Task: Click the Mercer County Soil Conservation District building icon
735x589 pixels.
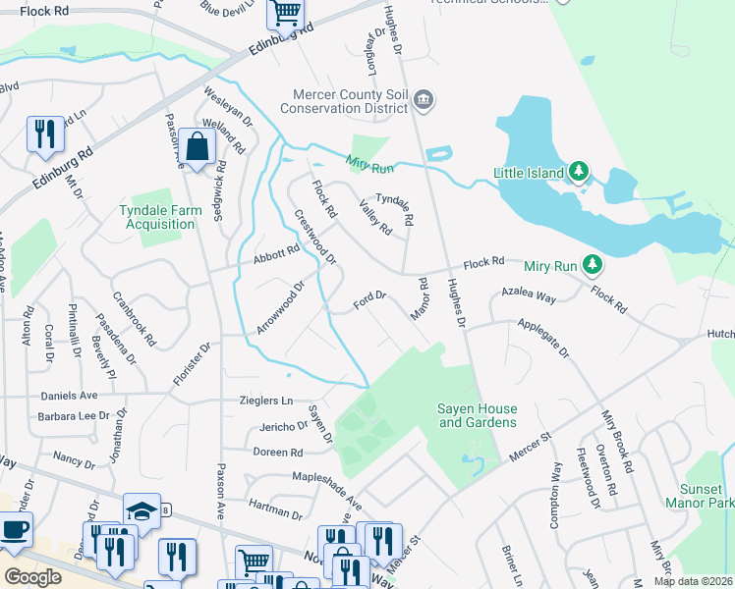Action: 424,98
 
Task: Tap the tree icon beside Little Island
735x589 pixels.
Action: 580,173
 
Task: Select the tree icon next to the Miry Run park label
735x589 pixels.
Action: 592,264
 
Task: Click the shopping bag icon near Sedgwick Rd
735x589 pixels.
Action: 198,146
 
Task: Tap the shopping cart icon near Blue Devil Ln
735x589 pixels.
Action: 285,12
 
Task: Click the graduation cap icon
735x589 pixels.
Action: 141,511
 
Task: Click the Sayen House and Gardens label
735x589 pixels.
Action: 477,415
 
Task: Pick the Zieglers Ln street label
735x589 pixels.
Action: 266,401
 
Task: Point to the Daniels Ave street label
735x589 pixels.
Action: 68,395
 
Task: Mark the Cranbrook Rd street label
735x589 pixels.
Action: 135,319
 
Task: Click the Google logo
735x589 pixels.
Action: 32,577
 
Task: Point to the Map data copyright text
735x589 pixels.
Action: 693,581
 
